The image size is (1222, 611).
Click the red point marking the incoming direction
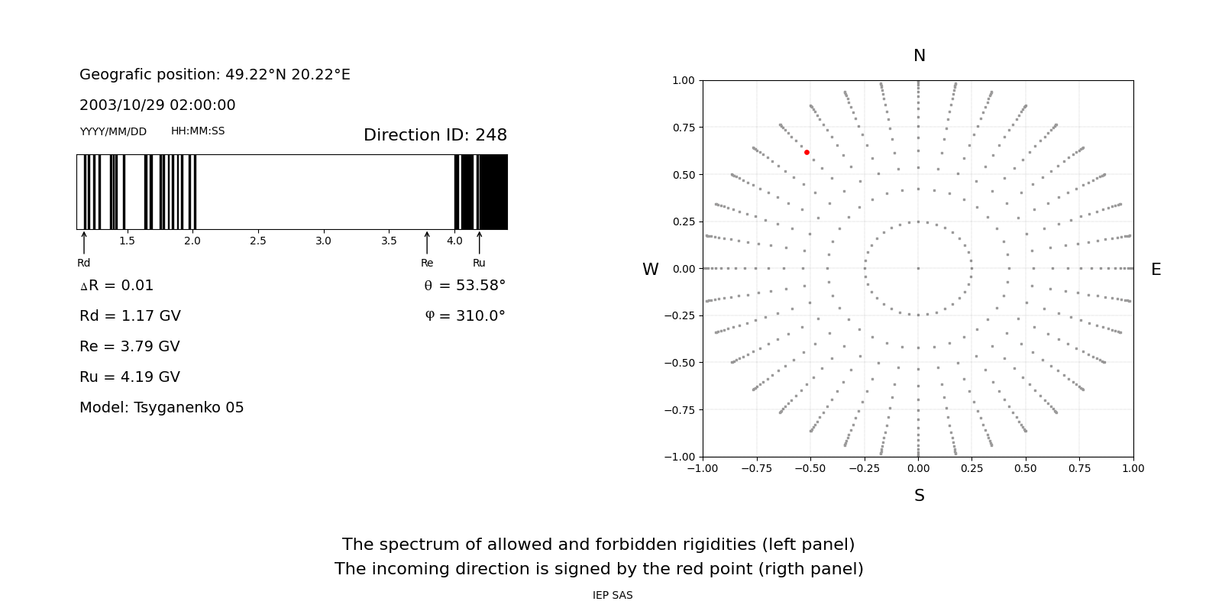click(807, 153)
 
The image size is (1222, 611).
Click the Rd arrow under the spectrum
click(84, 243)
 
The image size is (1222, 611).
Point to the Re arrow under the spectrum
click(427, 243)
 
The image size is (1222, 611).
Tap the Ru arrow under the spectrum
click(480, 243)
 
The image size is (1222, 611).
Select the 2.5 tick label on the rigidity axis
click(258, 241)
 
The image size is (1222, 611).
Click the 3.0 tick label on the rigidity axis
click(324, 241)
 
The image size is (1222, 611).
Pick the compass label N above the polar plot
click(920, 56)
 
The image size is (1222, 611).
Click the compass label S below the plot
click(920, 496)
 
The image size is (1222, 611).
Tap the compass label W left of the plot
click(650, 270)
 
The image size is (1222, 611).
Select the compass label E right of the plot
click(1156, 270)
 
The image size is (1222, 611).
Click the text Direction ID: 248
click(435, 135)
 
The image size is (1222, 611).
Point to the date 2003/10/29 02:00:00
click(157, 105)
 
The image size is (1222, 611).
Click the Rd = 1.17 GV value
click(130, 316)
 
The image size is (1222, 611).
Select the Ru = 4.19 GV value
click(130, 377)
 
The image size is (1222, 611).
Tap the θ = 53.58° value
click(464, 286)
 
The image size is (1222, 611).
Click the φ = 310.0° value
click(465, 316)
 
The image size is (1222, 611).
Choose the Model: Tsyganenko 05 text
click(162, 408)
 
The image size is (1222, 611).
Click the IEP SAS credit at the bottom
click(613, 596)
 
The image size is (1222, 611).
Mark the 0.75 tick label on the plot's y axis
click(684, 128)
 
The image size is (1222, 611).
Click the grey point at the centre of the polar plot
click(918, 268)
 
